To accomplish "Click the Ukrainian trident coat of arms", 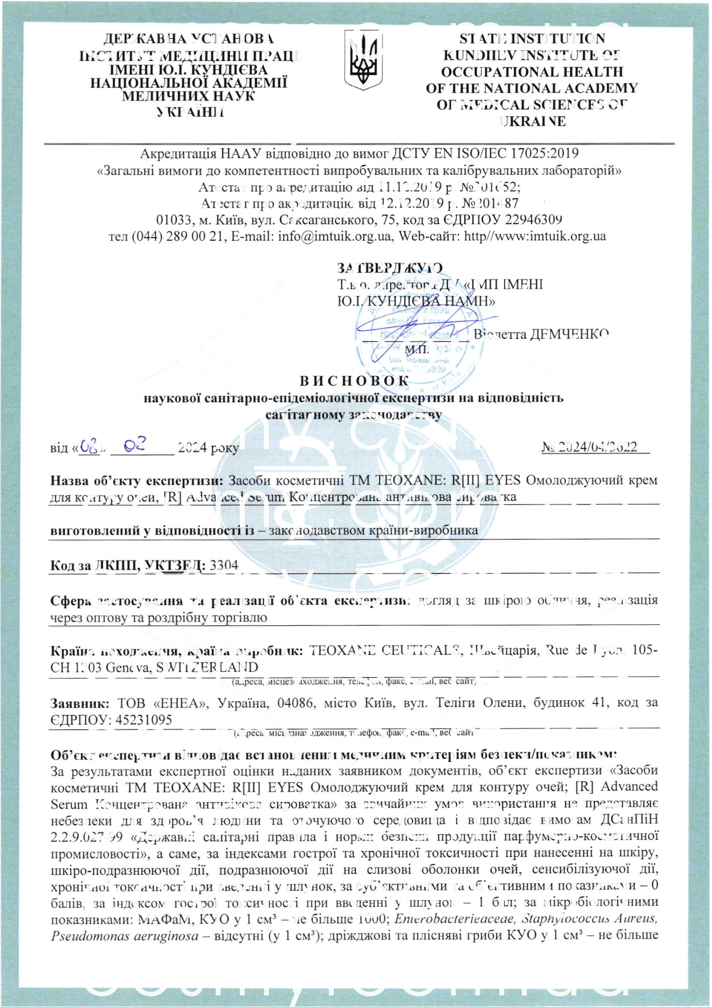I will tap(363, 59).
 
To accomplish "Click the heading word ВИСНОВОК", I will tap(354, 381).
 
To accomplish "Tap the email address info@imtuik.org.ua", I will tap(334, 236).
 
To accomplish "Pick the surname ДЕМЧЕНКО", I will tap(569, 334).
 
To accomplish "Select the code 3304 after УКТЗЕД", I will tap(224, 565).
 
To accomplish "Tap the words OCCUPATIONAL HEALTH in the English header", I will tap(532, 71).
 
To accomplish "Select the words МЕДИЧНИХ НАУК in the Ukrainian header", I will tap(188, 96).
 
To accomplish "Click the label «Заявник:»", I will tap(80, 703).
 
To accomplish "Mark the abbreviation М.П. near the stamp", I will tap(417, 349).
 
